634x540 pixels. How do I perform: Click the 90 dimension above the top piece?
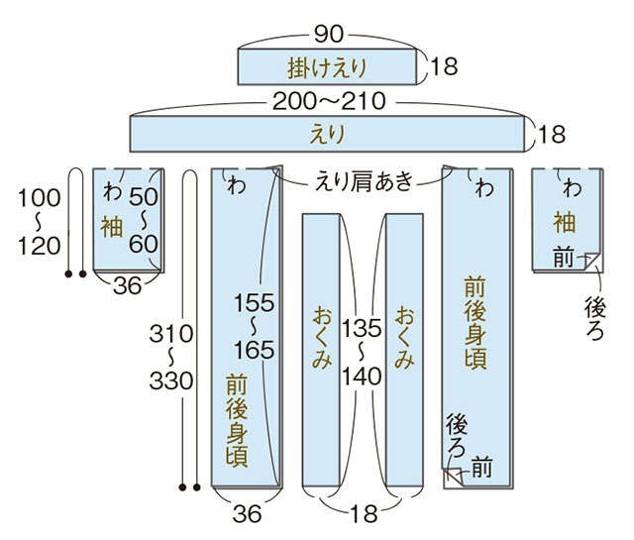coord(329,34)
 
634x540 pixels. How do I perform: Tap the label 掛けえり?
coord(327,67)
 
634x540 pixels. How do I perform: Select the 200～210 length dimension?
coord(329,101)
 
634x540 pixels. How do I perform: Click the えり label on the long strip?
coord(327,135)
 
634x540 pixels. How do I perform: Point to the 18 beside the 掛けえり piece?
coord(444,66)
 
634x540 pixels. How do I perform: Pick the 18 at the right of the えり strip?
coord(552,134)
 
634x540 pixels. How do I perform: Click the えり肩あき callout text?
coord(365,180)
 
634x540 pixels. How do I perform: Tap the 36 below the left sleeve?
coord(128,286)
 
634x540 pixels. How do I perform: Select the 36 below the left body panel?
coord(247,514)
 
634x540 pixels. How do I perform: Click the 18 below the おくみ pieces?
coord(364,514)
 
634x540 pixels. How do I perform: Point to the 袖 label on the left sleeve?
coord(111,227)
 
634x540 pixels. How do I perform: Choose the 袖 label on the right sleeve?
coord(565,222)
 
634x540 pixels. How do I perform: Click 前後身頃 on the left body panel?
coord(237,420)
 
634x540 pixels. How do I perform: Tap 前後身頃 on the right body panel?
coord(475,322)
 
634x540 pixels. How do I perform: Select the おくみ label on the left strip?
coord(322,338)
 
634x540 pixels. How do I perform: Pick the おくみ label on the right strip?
coord(405,338)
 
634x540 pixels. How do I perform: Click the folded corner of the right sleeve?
coord(592,262)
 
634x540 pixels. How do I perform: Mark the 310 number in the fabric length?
coord(171,334)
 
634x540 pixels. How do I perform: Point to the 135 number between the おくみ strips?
coord(362,328)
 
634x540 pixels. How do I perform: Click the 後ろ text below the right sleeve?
coord(594,318)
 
